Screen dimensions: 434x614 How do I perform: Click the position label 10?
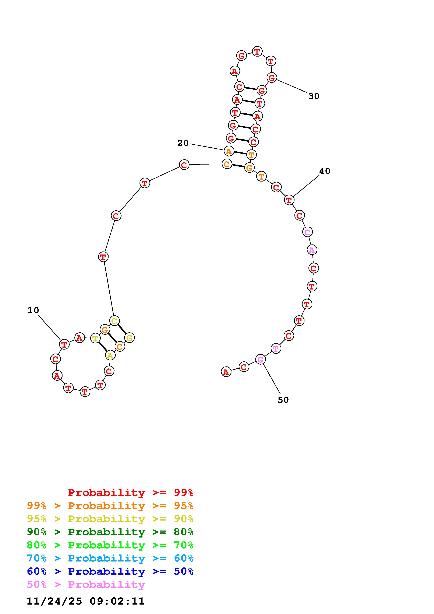point(33,311)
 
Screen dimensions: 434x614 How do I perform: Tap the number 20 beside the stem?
point(183,143)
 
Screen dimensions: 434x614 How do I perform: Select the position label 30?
point(314,96)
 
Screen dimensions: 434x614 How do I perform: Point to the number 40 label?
point(325,171)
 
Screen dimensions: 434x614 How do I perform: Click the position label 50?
point(283,400)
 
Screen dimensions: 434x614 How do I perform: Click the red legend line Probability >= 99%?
point(131,493)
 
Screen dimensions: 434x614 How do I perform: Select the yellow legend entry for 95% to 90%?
point(110,519)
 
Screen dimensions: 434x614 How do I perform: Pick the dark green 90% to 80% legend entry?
point(110,532)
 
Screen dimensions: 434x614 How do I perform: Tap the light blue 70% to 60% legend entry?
point(110,558)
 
